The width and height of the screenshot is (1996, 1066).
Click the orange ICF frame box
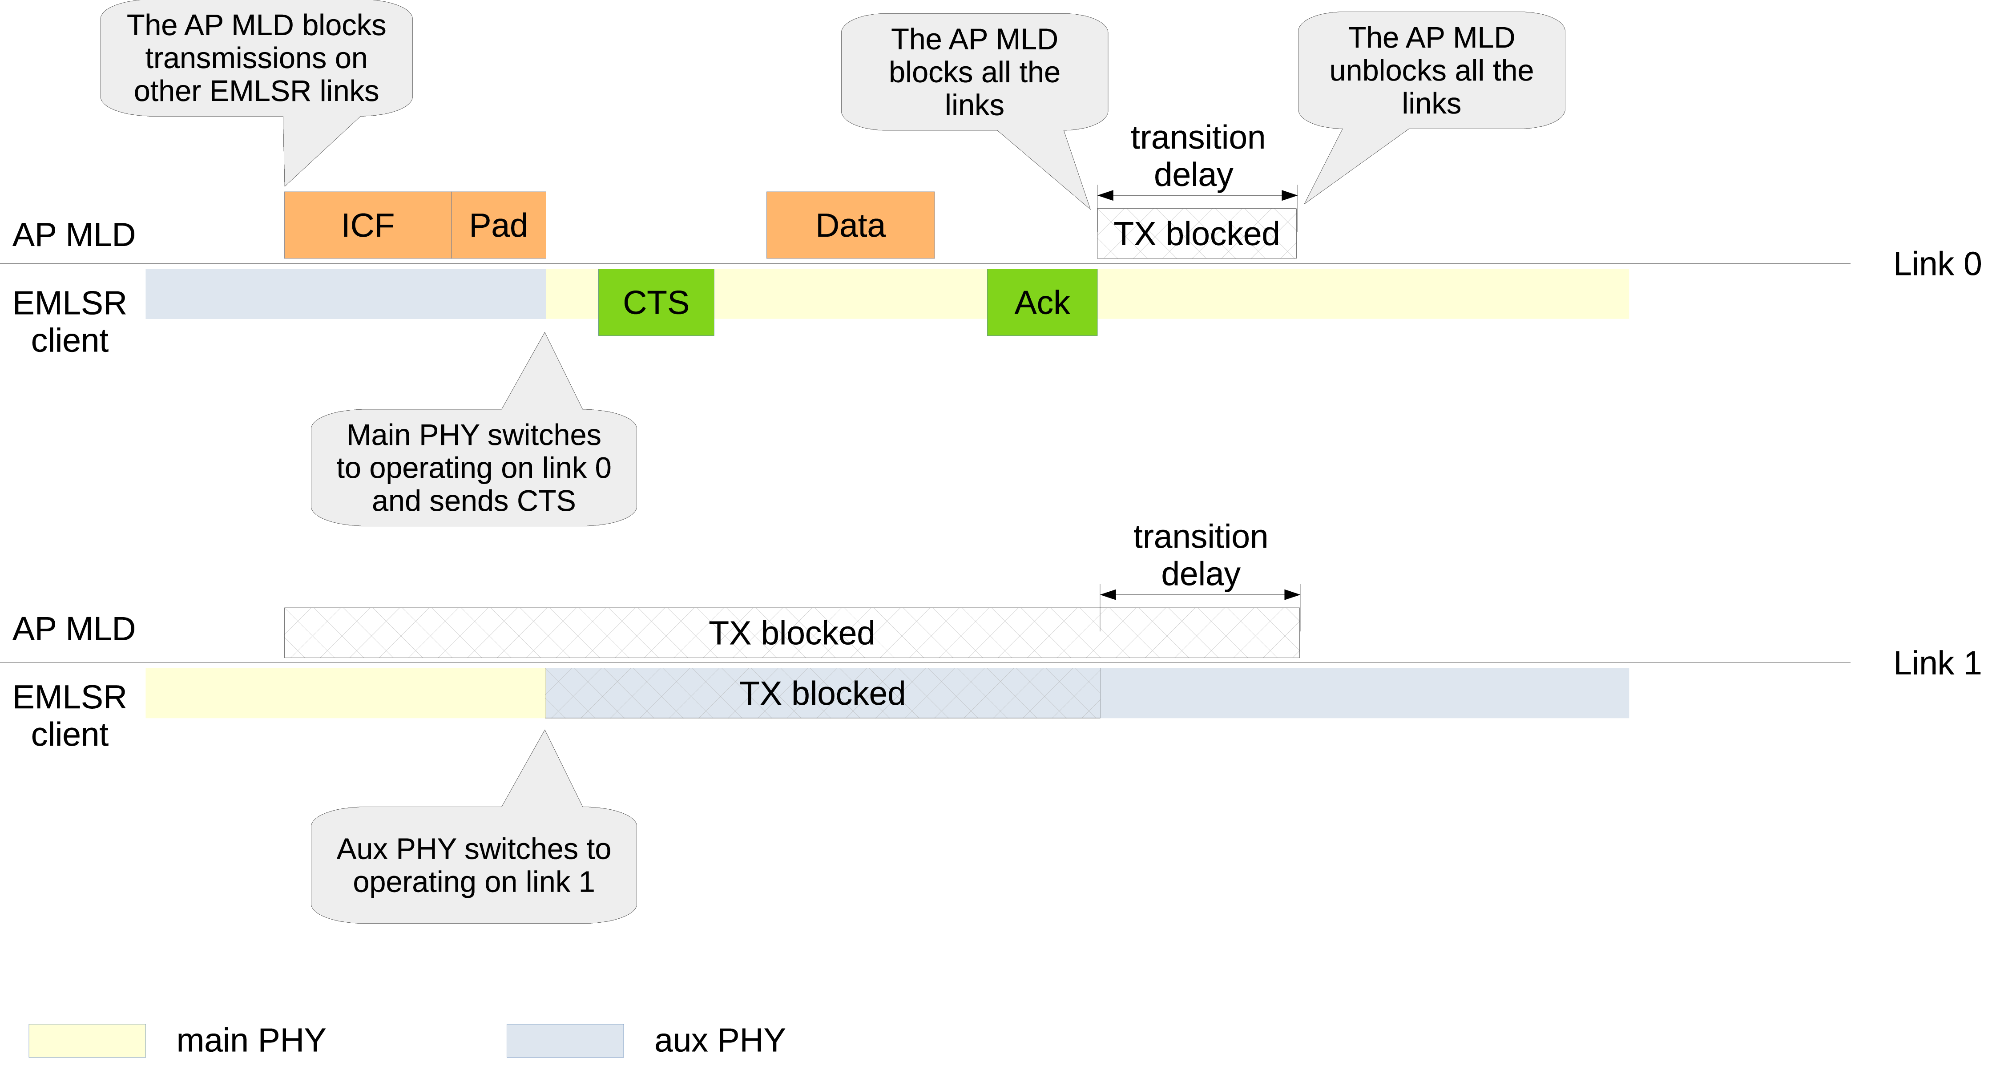[367, 226]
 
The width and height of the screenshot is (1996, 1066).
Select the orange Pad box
[498, 226]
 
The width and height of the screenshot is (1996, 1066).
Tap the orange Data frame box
[850, 226]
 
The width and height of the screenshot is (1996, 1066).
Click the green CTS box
[656, 302]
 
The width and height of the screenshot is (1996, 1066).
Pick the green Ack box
[1041, 302]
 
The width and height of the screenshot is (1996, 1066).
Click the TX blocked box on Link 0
[1196, 233]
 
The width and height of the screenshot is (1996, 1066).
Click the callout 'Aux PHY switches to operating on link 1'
[473, 865]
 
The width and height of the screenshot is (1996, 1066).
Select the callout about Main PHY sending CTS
[473, 468]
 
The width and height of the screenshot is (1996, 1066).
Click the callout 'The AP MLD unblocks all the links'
[1431, 70]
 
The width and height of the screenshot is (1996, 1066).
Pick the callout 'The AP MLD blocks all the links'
[974, 72]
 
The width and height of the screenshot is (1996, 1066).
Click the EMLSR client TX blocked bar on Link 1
[822, 693]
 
